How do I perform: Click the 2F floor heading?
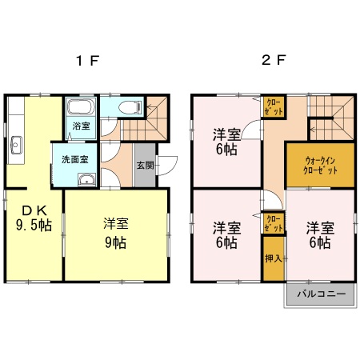click(x=274, y=61)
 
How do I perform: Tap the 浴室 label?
click(x=81, y=126)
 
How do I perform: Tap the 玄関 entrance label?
click(x=145, y=166)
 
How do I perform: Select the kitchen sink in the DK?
click(x=17, y=144)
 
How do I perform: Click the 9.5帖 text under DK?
click(x=35, y=226)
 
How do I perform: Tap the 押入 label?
click(x=274, y=259)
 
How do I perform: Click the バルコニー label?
click(x=320, y=294)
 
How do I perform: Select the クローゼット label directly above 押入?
click(x=273, y=223)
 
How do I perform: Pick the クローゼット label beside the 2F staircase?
click(x=273, y=107)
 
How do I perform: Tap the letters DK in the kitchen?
click(x=31, y=210)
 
